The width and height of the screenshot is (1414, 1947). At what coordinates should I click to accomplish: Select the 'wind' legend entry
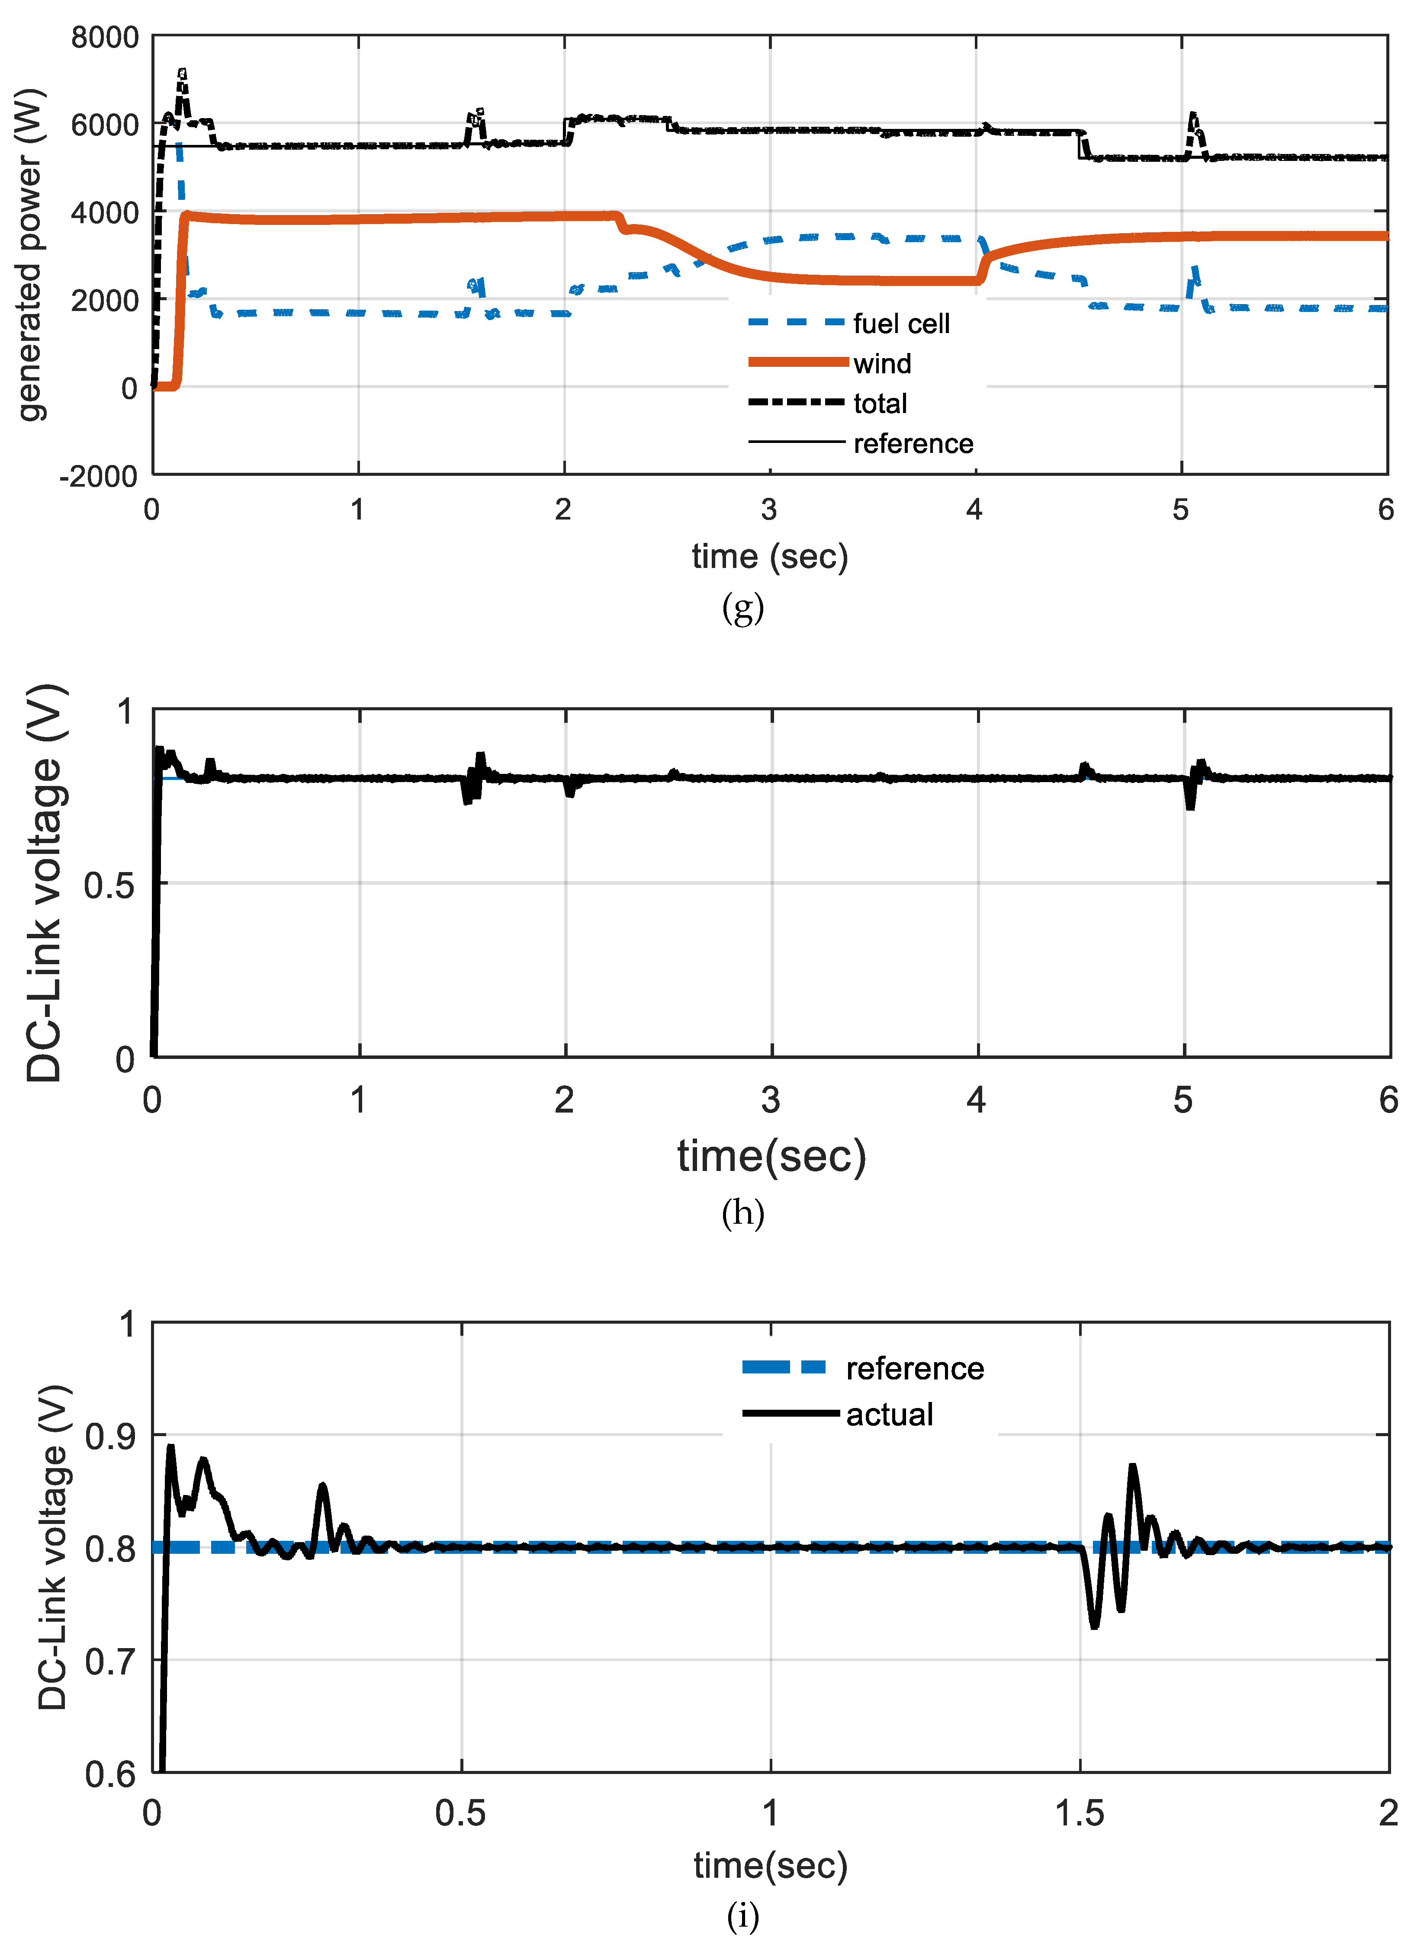[x=882, y=364]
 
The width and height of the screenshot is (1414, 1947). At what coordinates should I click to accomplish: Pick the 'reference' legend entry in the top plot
[x=913, y=444]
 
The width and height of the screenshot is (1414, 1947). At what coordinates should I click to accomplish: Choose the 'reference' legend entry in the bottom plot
[x=914, y=1368]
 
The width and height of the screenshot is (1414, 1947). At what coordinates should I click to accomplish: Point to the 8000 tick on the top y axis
[x=105, y=38]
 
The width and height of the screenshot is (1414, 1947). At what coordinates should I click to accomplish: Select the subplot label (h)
[x=742, y=1213]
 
